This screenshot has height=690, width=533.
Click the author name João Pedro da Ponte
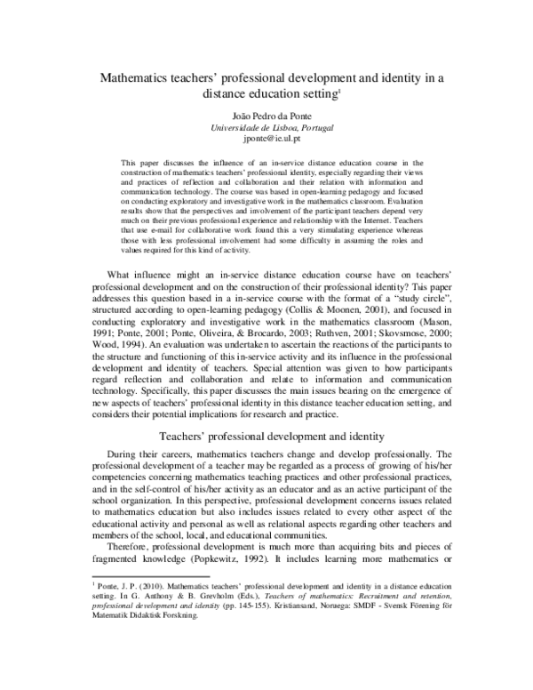pos(266,116)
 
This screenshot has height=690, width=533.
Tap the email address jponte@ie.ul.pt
pos(266,140)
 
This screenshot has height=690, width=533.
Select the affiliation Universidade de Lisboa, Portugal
pos(266,128)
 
